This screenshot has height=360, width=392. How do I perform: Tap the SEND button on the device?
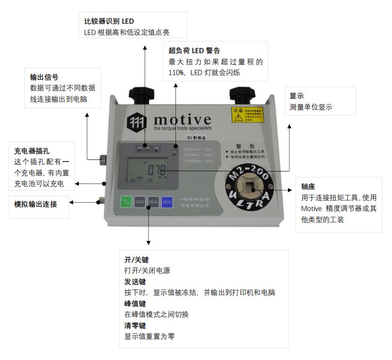(139, 202)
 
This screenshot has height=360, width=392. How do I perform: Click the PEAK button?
(153, 202)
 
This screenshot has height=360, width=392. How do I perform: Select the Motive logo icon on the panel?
(137, 121)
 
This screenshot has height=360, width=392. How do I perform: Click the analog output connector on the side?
(99, 202)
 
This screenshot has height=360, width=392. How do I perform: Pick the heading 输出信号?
(44, 77)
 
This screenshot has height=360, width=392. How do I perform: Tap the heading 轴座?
(308, 186)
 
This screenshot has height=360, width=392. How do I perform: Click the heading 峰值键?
(135, 303)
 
